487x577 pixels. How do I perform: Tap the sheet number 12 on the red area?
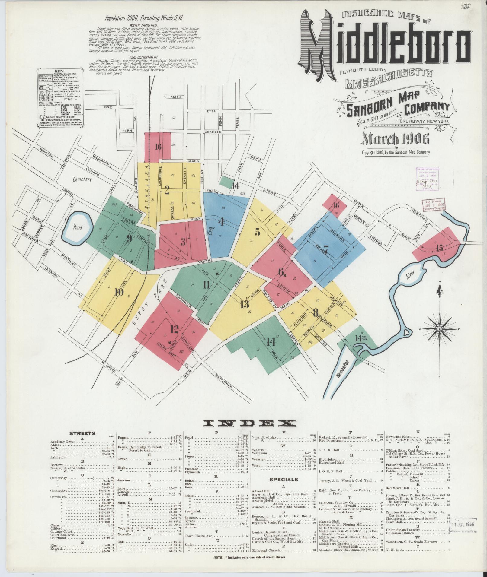[174, 329]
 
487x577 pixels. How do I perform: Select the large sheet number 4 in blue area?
[221, 222]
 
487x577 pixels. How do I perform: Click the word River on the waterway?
[410, 275]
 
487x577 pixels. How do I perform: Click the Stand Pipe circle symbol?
[210, 233]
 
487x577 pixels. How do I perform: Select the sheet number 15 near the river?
[439, 248]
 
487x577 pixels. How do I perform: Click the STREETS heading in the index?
[82, 433]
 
